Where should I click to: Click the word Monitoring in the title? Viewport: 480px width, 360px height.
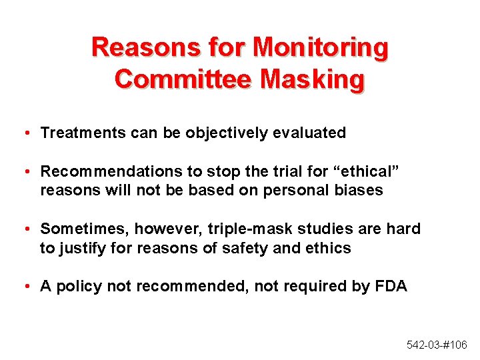[321, 47]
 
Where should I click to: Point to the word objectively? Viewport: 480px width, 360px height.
[227, 133]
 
